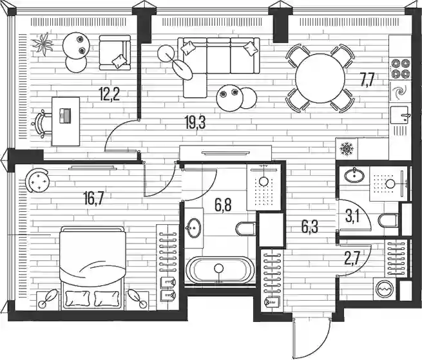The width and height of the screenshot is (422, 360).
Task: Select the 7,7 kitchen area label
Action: tap(368, 80)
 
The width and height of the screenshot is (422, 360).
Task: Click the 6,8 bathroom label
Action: tap(223, 205)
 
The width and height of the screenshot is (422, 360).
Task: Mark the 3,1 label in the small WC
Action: tap(352, 216)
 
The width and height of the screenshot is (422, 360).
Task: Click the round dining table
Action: tap(320, 77)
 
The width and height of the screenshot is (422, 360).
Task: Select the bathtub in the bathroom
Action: tap(219, 271)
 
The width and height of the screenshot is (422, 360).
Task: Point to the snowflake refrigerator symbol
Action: tap(347, 149)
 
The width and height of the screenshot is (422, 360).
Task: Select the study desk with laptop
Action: tap(64, 120)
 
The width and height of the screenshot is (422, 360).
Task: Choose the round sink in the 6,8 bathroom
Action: tap(195, 228)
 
